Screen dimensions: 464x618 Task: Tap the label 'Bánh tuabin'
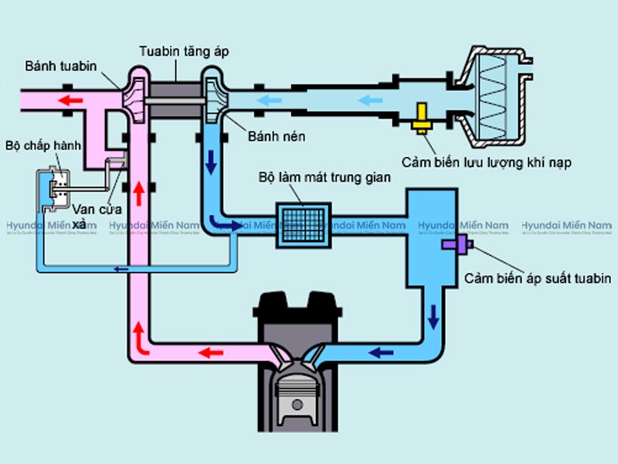tap(60, 66)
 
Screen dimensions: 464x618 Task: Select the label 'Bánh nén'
tap(276, 136)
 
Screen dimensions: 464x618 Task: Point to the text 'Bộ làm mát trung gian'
tap(324, 177)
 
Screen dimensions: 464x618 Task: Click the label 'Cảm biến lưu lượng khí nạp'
tap(487, 162)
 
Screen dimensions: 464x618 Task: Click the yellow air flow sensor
tap(422, 118)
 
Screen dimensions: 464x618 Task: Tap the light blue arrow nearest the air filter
tap(371, 99)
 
